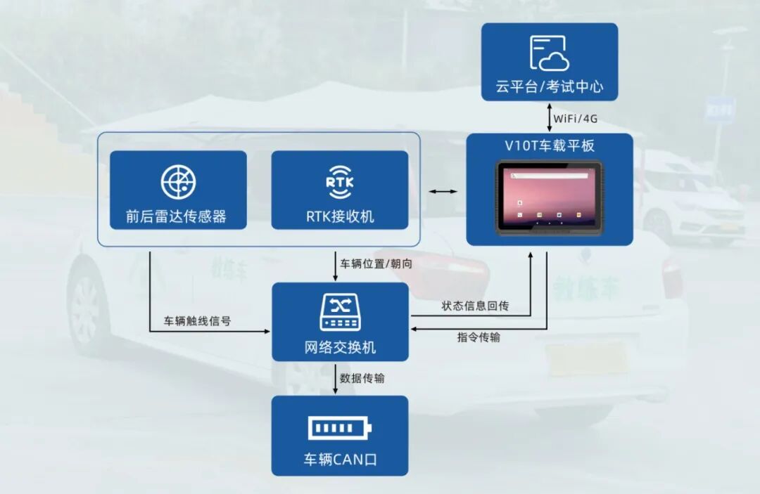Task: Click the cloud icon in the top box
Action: pyautogui.click(x=549, y=53)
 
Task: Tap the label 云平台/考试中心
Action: pyautogui.click(x=549, y=88)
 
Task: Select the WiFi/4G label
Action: pyautogui.click(x=575, y=118)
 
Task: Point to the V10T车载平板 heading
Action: pyautogui.click(x=550, y=146)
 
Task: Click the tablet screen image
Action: pyautogui.click(x=549, y=196)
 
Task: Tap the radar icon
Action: pyautogui.click(x=178, y=182)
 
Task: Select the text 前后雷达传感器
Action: pyautogui.click(x=177, y=216)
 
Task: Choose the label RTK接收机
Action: pyautogui.click(x=340, y=216)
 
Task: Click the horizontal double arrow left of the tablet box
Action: pyautogui.click(x=443, y=191)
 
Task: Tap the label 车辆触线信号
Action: pyautogui.click(x=197, y=321)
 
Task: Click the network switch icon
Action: pyautogui.click(x=341, y=313)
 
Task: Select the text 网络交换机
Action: pyautogui.click(x=341, y=347)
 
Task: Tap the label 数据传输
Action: pyautogui.click(x=362, y=378)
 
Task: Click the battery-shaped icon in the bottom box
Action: pyautogui.click(x=340, y=428)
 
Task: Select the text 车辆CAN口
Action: pyautogui.click(x=340, y=461)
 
